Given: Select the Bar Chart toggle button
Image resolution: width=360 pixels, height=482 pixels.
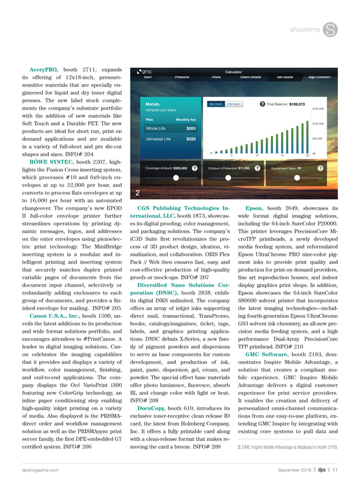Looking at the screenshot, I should click(216, 104).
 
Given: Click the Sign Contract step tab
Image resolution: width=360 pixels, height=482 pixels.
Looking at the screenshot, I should click(319, 77).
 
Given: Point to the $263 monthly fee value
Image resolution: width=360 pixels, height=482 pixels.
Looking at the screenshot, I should click(191, 128).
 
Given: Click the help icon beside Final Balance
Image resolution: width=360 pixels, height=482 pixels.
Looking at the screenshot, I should click(262, 104).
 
